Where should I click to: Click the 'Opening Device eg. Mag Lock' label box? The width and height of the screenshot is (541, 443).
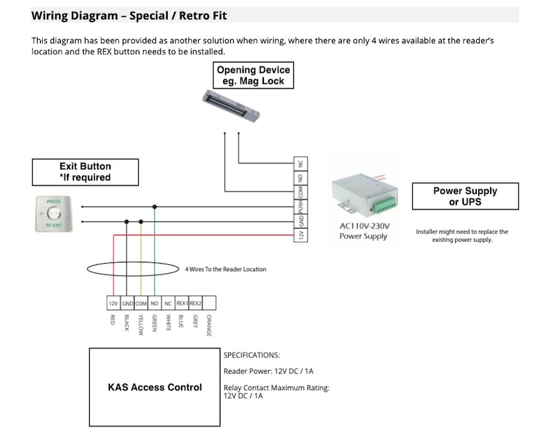tap(253, 76)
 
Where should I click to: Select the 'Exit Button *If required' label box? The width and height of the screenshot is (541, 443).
tap(85, 172)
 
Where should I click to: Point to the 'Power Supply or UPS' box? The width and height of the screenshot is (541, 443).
tap(464, 196)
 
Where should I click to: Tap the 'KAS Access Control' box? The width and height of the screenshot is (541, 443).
tap(155, 387)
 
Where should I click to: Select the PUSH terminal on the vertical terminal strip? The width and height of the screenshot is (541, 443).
tap(301, 206)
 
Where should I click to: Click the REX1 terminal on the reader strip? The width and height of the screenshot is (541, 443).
tap(182, 303)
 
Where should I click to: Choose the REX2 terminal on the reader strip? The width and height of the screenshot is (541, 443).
tap(195, 303)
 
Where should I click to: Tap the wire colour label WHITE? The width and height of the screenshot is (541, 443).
tap(168, 322)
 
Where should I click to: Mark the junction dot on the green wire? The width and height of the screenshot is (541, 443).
tap(155, 206)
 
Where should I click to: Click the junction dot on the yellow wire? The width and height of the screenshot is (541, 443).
tap(141, 221)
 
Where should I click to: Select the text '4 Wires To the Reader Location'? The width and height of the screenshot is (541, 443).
tap(225, 269)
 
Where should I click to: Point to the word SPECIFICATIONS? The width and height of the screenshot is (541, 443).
tap(251, 355)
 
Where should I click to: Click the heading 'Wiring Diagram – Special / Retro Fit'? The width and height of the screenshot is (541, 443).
tap(129, 15)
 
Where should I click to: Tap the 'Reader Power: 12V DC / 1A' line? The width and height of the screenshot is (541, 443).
tap(268, 371)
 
